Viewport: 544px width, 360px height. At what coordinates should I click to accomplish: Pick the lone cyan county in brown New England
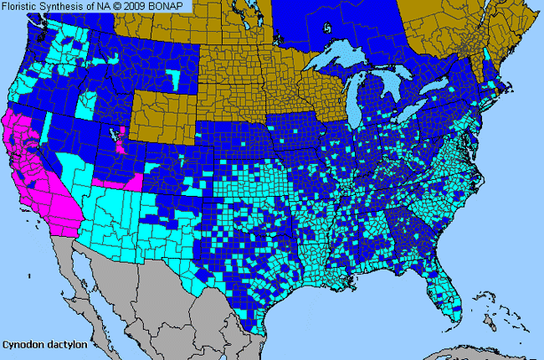pos(488,54)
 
